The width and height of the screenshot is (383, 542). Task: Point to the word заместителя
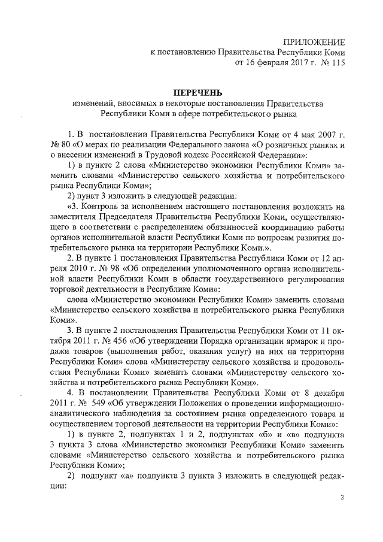[77, 216]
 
